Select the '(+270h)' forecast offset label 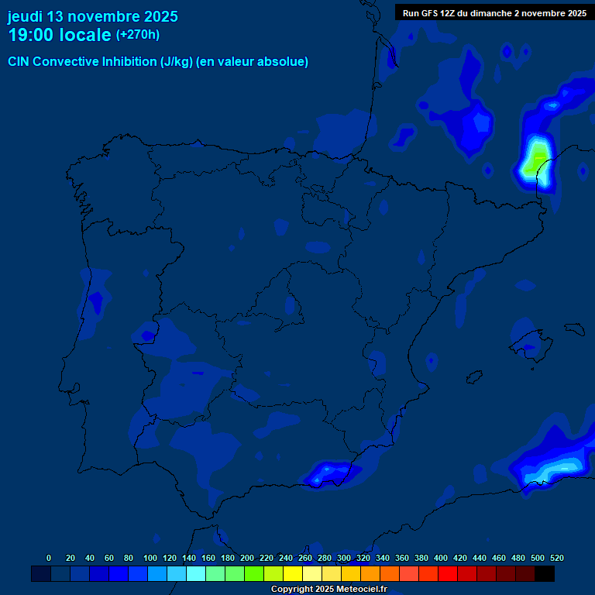pos(137,35)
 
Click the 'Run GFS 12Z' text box pos(494,13)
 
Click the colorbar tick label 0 pos(49,558)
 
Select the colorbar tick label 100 pos(149,558)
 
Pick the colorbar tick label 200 pos(246,558)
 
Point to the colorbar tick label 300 pos(344,558)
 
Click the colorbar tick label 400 pos(441,558)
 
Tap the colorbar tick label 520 pos(556,558)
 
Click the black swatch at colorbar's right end pos(545,574)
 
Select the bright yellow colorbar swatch pos(293,574)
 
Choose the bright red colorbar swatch pos(448,574)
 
